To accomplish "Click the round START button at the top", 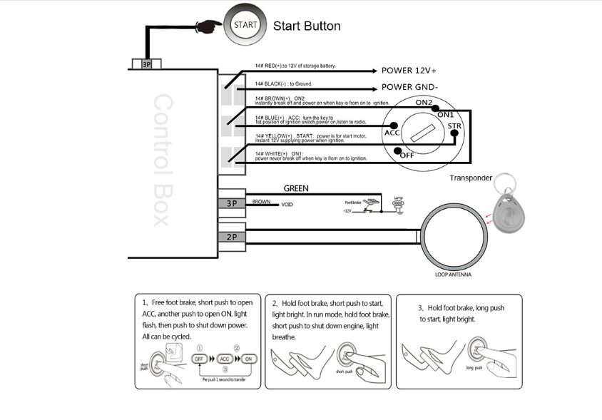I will (x=246, y=24).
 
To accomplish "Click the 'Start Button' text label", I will (x=307, y=26).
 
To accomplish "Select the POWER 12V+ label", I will (x=409, y=71).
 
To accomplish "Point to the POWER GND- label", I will (x=409, y=87).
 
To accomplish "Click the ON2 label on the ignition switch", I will (x=423, y=103).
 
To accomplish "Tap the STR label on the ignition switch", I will (x=454, y=127).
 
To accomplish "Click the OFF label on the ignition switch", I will (x=406, y=154).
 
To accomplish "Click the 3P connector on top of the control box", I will (x=146, y=64).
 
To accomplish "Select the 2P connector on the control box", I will (x=232, y=237).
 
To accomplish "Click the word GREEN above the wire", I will (x=296, y=189).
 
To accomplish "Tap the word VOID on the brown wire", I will (x=287, y=205).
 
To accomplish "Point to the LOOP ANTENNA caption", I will (x=452, y=275).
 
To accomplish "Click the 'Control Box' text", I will (x=163, y=160).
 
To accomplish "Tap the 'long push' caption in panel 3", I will (x=474, y=368).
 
